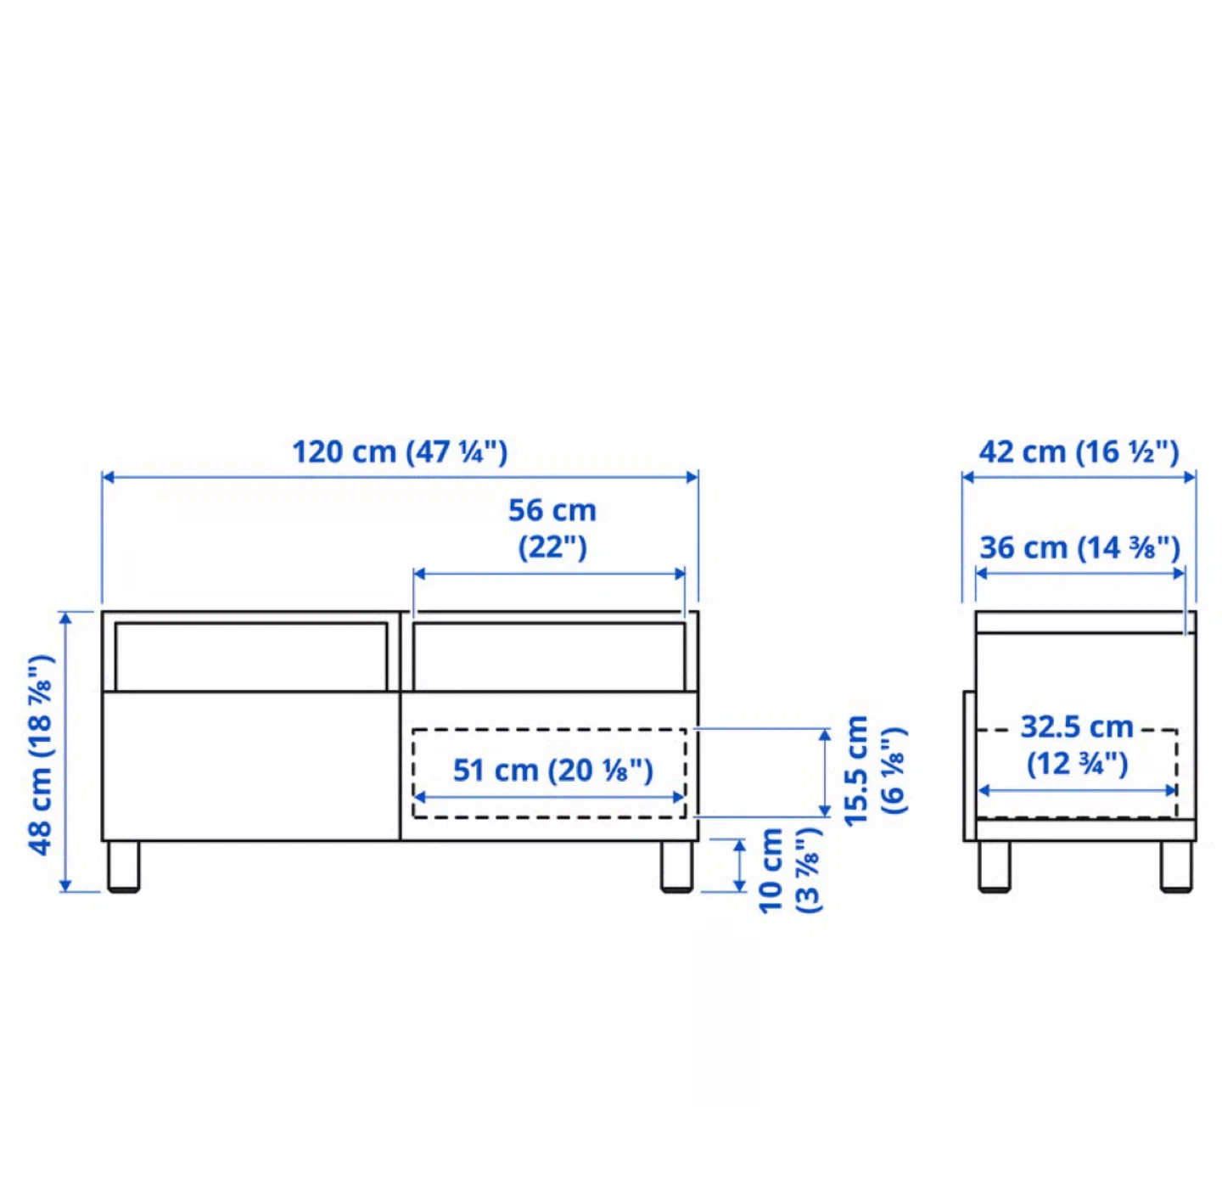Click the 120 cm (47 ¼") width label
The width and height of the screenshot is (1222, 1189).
coord(400,452)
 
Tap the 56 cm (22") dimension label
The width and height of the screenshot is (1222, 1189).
coord(552,528)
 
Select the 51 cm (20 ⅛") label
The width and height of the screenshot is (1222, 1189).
coord(552,770)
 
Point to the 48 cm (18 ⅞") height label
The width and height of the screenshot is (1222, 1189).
coord(42,754)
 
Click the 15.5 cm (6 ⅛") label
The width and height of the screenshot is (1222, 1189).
coord(875,771)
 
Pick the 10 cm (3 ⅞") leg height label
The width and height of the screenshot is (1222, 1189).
coord(790,871)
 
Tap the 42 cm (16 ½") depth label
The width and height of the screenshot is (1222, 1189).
coord(1079,452)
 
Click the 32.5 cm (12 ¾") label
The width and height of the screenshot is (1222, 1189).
coord(1078,745)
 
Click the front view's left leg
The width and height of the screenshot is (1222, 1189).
coord(124,867)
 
